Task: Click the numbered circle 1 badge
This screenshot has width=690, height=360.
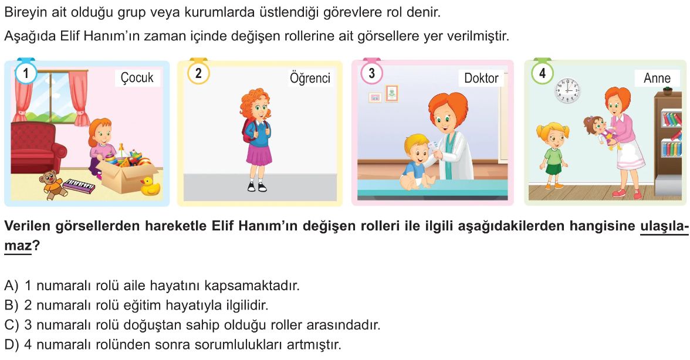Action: tap(26, 73)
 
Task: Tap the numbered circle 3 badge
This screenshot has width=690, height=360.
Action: tap(371, 73)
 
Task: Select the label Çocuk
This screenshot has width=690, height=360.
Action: tap(137, 77)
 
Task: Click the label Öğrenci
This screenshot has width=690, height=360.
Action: tap(310, 78)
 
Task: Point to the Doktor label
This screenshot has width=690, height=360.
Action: tap(481, 78)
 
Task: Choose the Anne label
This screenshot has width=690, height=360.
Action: tap(657, 78)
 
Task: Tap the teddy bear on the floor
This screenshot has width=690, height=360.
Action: tap(51, 184)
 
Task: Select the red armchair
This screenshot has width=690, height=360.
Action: tap(37, 148)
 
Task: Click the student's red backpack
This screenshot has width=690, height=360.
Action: tap(247, 131)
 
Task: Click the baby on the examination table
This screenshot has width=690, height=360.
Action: tap(417, 162)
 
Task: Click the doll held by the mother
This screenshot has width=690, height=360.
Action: tap(600, 131)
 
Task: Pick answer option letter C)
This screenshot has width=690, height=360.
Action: tap(11, 325)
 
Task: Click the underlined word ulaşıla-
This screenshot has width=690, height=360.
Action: tap(664, 226)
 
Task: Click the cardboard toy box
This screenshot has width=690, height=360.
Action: tap(128, 174)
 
